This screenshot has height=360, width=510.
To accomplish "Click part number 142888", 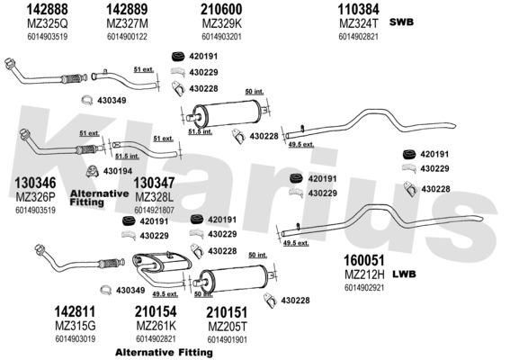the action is click(x=47, y=9).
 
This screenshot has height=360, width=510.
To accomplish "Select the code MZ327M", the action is click(x=127, y=23).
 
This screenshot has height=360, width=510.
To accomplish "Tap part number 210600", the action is click(x=221, y=9).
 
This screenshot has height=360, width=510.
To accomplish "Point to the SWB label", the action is click(x=401, y=22).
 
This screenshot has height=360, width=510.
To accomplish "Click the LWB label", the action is click(x=404, y=274).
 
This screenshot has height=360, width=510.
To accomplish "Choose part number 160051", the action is click(x=364, y=260).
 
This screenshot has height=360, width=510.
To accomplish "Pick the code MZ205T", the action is click(x=228, y=326).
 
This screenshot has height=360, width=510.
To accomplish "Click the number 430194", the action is click(x=118, y=171).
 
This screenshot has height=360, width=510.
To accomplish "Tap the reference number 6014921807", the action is click(x=154, y=211).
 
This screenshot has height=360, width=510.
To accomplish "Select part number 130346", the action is click(x=35, y=184).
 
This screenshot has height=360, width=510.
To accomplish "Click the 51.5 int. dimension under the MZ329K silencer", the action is click(x=201, y=131).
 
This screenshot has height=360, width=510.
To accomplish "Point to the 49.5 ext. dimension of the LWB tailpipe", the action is click(x=296, y=243).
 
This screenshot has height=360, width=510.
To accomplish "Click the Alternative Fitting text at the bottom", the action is click(x=164, y=352).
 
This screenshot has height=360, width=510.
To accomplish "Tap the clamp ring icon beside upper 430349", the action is click(x=87, y=101).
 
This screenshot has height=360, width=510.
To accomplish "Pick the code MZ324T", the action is click(x=359, y=23).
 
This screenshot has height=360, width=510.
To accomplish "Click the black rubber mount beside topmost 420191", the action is click(x=178, y=57).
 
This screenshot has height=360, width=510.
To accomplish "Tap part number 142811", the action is click(x=75, y=311).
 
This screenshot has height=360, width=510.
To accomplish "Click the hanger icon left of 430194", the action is click(x=93, y=171).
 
